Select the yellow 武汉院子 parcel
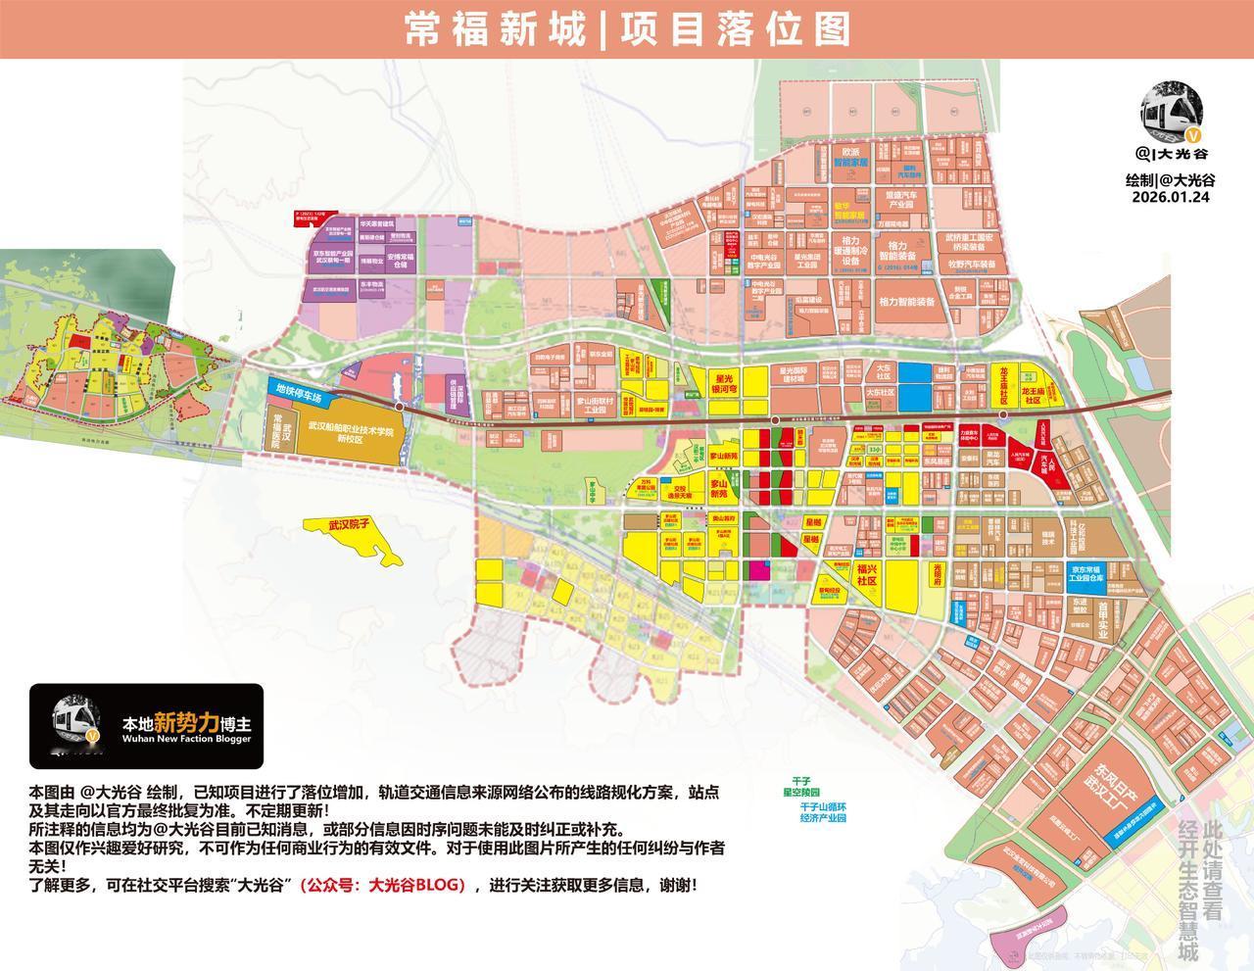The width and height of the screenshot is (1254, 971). (x=347, y=526)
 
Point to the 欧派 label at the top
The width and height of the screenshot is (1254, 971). (x=849, y=153)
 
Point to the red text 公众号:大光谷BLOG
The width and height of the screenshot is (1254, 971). (x=382, y=884)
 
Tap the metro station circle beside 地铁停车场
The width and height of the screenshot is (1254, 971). (x=399, y=405)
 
